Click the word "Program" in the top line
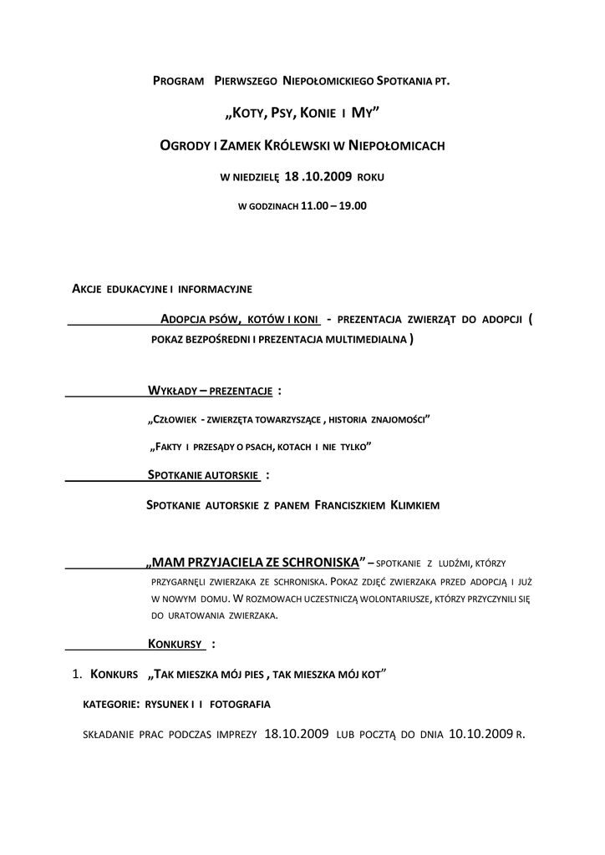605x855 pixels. (x=179, y=82)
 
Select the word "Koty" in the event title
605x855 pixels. (x=248, y=112)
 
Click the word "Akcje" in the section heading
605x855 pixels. (x=88, y=289)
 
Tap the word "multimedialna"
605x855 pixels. (x=366, y=341)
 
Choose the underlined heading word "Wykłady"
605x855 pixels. (x=171, y=391)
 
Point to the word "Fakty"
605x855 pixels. (x=165, y=448)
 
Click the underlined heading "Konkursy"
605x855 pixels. (x=175, y=644)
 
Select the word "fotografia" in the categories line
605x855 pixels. (x=240, y=705)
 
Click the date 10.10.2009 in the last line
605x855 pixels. (x=480, y=735)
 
